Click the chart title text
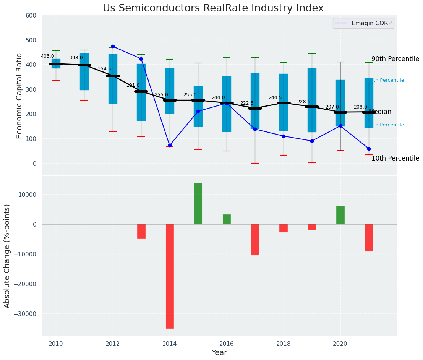tap(213, 8)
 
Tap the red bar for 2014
tap(170, 276)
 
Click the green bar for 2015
tap(198, 203)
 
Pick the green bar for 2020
tap(340, 215)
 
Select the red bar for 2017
tap(255, 239)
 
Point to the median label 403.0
tap(47, 56)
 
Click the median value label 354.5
tap(104, 69)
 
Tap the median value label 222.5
tap(246, 103)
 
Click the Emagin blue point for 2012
tap(113, 46)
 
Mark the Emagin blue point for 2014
tap(170, 145)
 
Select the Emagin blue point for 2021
tap(369, 149)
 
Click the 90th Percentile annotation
tap(395, 59)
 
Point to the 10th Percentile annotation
tap(395, 158)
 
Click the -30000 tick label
tap(24, 314)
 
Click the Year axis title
tap(219, 353)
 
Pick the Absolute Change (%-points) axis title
tap(7, 256)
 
